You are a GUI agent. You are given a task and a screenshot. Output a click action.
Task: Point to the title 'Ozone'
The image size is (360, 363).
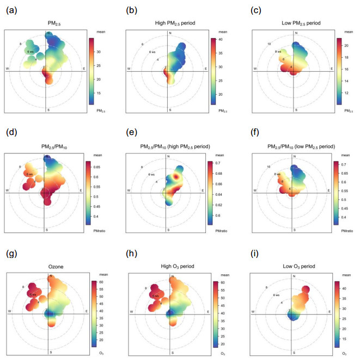(x=48, y=267)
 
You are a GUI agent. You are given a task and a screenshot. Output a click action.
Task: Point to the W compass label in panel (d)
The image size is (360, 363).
(x=7, y=190)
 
